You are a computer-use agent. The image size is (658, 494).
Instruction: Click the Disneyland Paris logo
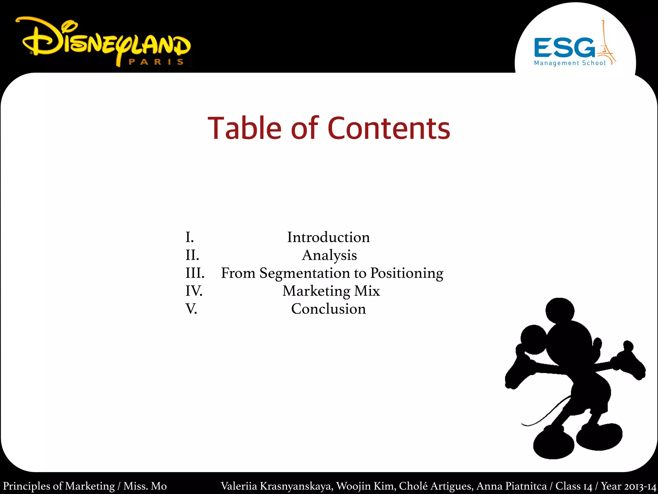point(106,42)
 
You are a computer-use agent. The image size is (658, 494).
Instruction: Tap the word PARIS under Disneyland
point(156,62)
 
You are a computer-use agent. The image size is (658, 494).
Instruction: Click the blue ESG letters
point(564,48)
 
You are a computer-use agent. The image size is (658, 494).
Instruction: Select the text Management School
point(570,63)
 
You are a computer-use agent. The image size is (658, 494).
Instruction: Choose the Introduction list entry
point(328,237)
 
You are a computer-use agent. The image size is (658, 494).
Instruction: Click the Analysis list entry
point(329,255)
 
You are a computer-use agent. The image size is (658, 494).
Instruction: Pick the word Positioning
point(407,273)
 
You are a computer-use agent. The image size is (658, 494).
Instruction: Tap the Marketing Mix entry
point(331,291)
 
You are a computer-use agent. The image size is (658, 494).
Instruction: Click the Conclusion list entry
point(328,309)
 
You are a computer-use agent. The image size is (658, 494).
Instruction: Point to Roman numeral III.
point(195,273)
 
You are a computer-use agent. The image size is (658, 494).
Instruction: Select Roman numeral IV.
point(194,291)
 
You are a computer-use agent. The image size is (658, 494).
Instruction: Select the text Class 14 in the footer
point(574,486)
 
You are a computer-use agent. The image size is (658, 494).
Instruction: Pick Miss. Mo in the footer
point(145,486)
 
